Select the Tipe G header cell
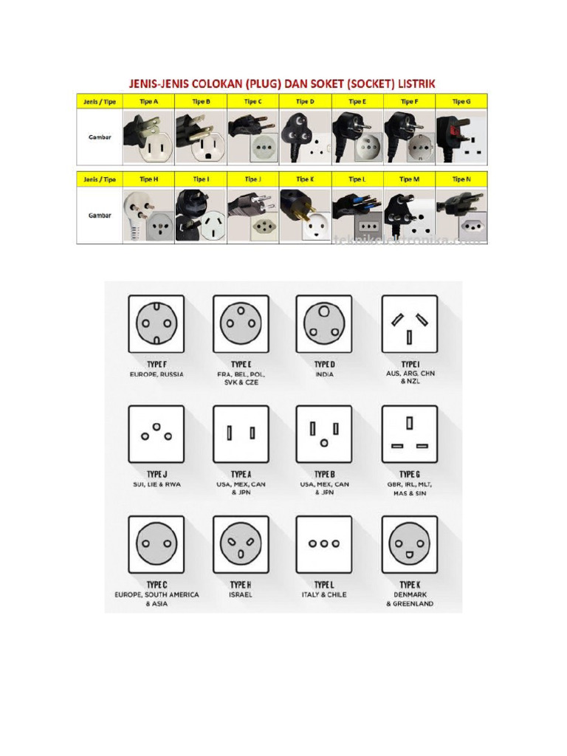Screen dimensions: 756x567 pyautogui.click(x=461, y=101)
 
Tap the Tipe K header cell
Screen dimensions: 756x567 pyautogui.click(x=305, y=179)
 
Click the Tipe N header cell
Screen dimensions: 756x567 pyautogui.click(x=461, y=179)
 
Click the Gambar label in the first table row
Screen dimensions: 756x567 pyautogui.click(x=99, y=137)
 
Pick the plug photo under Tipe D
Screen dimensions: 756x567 pyautogui.click(x=305, y=137)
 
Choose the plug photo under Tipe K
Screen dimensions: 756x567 pyautogui.click(x=305, y=215)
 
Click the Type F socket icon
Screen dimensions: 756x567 pyautogui.click(x=156, y=323)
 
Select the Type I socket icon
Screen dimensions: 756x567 pyautogui.click(x=409, y=323)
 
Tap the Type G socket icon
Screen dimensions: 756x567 pyautogui.click(x=409, y=433)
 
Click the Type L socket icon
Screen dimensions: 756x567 pyautogui.click(x=324, y=543)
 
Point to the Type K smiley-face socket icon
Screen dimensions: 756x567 pyautogui.click(x=409, y=543)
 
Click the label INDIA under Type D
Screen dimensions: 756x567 pyautogui.click(x=324, y=374)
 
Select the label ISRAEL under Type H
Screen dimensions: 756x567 pyautogui.click(x=241, y=594)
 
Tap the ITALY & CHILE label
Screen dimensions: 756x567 pyautogui.click(x=324, y=594)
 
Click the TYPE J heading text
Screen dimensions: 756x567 pyautogui.click(x=156, y=474)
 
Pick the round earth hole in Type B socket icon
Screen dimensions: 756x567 pyautogui.click(x=324, y=444)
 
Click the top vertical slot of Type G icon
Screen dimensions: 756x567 pyautogui.click(x=409, y=423)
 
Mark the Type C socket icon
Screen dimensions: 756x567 pyautogui.click(x=156, y=543)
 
